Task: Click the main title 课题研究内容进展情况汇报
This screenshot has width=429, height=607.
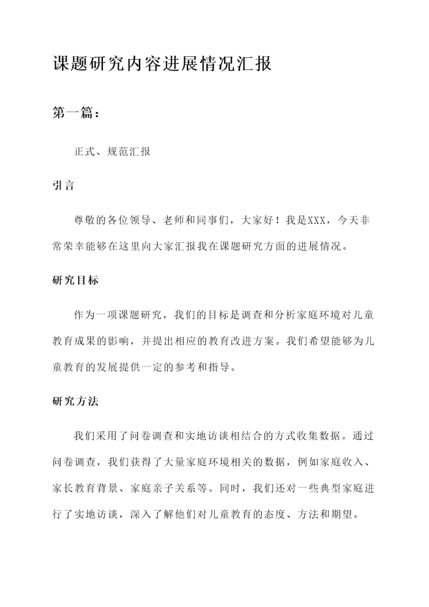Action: click(162, 64)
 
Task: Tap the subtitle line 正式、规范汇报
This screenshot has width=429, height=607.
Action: click(112, 151)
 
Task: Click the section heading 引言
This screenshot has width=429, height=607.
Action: click(63, 185)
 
